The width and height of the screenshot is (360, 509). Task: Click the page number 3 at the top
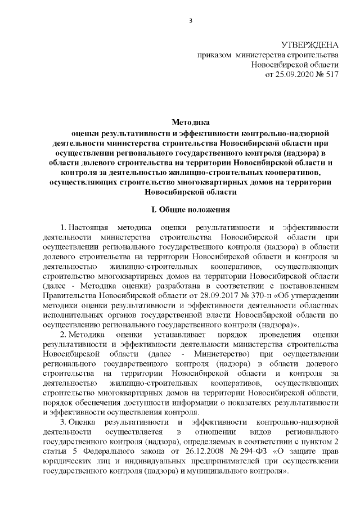click(191, 22)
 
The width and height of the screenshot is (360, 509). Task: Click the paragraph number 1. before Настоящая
click(63, 227)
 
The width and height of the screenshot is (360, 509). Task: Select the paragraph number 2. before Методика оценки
click(63, 335)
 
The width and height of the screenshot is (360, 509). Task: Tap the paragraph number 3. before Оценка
click(63, 422)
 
